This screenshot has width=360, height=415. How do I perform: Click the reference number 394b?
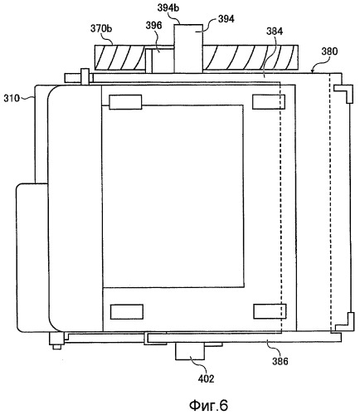tap(168, 8)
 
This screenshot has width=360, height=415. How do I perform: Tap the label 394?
tap(226, 19)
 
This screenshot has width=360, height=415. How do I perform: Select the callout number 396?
tap(153, 25)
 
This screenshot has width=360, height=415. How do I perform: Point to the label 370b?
tap(101, 28)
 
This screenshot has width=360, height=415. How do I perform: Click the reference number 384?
tap(275, 32)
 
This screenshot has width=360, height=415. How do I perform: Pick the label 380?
tap(329, 51)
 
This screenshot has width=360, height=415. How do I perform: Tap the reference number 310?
tap(12, 98)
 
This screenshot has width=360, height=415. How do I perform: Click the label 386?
tap(280, 361)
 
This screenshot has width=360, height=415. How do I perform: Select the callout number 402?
tap(207, 378)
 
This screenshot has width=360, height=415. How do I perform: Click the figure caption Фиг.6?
tap(209, 405)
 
